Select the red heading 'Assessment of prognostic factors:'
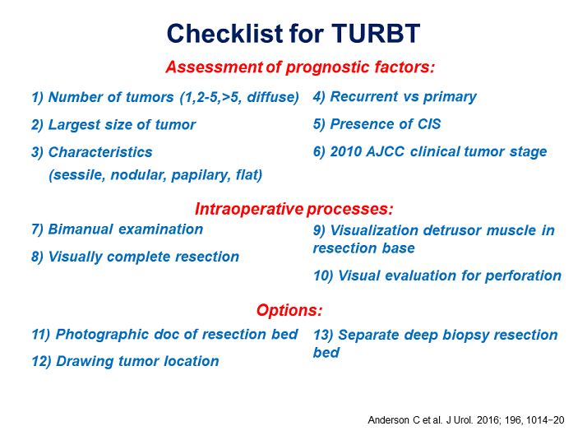tap(300, 67)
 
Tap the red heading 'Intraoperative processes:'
tap(294, 208)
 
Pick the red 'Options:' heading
tap(289, 310)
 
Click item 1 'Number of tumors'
tap(164, 97)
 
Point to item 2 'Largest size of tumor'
tap(113, 125)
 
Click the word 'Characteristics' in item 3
tap(100, 152)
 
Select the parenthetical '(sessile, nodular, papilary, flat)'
tap(155, 174)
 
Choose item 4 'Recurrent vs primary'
tap(395, 97)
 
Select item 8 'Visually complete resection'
tap(135, 257)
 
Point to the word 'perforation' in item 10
tap(520, 276)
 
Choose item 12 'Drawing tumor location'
tap(125, 361)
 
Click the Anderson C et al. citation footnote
tap(466, 419)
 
